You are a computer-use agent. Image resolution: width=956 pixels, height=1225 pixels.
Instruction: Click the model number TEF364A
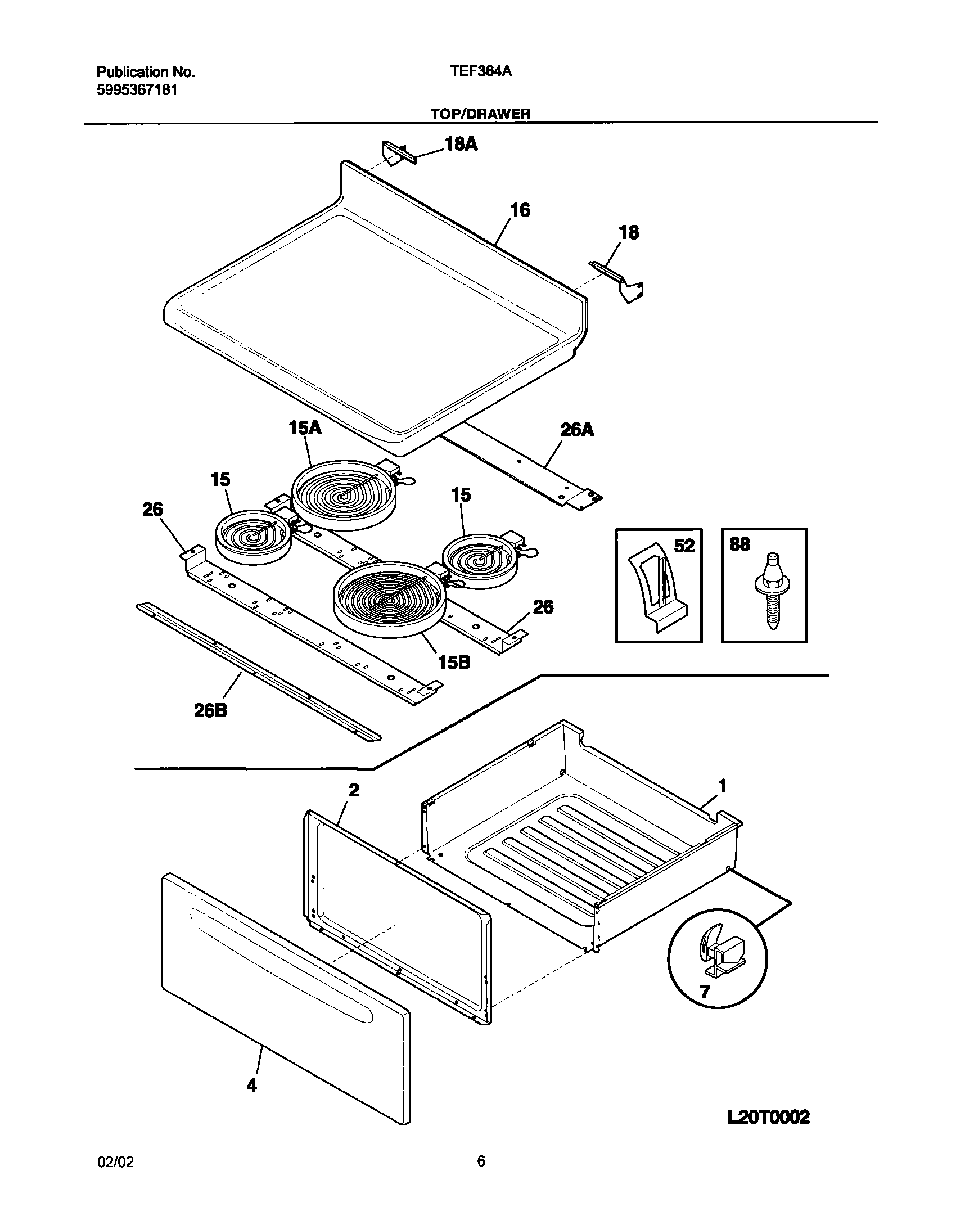pos(480,72)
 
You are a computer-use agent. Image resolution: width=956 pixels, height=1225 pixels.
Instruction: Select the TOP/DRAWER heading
pos(480,114)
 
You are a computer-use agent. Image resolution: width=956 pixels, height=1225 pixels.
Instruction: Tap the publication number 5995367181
pos(137,90)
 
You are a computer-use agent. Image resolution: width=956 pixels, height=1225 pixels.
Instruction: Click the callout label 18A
pos(461,145)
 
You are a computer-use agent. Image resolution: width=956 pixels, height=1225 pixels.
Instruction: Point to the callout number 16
pos(520,210)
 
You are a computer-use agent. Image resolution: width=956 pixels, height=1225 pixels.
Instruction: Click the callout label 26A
pos(578,430)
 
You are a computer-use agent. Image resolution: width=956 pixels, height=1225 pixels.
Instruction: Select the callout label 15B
pos(454,663)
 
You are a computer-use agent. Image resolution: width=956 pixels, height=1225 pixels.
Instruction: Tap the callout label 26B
pos(211,711)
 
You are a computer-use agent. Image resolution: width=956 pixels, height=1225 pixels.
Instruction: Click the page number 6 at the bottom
pos(481,1161)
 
